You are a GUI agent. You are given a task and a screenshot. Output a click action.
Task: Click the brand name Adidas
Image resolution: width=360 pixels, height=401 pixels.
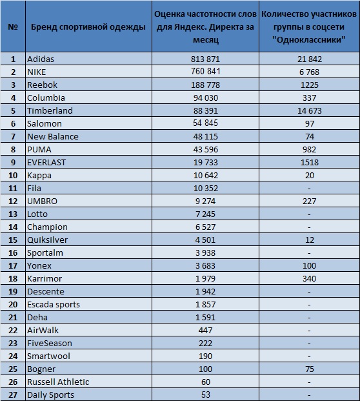point(41,59)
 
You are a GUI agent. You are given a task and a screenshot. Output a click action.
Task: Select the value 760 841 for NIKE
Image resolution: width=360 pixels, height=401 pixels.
point(205,71)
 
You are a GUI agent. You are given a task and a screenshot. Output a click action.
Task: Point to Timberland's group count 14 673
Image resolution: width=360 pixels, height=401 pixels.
point(310,110)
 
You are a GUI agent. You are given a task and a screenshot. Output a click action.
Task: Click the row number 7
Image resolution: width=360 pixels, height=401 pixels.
point(13,136)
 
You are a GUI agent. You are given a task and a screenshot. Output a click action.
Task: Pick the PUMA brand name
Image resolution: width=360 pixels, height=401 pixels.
point(39,150)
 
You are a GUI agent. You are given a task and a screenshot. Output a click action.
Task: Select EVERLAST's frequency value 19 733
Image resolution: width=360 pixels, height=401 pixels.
point(205,162)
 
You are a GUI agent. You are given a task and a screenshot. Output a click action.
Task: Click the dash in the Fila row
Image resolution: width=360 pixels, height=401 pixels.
point(309,189)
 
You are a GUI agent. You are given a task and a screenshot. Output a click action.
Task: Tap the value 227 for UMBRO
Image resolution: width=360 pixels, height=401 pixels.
point(310,201)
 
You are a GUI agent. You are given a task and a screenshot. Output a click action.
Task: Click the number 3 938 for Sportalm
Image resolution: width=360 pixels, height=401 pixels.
point(205,253)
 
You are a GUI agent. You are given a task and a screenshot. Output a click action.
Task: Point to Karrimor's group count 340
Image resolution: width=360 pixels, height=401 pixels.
point(310,279)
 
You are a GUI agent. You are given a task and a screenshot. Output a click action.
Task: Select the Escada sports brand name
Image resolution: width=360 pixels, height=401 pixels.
point(54,305)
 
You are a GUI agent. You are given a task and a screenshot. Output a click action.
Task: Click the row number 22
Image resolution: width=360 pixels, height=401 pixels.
point(13,331)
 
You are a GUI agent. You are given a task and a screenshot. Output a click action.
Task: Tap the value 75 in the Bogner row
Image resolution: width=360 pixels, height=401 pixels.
point(310,369)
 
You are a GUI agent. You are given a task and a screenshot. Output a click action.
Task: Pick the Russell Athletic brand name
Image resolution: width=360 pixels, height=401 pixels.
point(58,382)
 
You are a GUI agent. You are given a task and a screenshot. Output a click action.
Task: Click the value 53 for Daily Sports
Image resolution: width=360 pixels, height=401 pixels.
point(205,395)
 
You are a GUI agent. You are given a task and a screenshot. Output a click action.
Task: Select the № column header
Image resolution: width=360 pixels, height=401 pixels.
point(13,27)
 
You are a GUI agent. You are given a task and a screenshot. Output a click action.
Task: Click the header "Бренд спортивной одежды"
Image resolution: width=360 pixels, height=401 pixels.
point(88,27)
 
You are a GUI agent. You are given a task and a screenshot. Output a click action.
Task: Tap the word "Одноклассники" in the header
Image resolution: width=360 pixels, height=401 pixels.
point(309,40)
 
